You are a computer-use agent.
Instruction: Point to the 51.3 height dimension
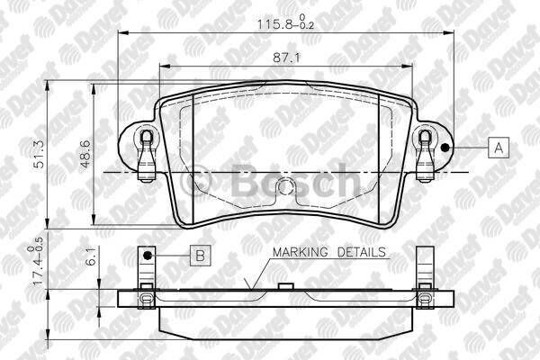tap(39, 161)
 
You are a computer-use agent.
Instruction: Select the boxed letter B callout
tap(200, 256)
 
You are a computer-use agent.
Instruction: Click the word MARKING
tap(301, 253)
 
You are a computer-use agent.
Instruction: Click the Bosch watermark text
tap(297, 180)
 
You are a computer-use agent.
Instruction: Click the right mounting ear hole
tap(426, 139)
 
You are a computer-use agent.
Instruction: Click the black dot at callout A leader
tap(446, 148)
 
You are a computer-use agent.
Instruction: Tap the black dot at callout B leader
tap(157, 256)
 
